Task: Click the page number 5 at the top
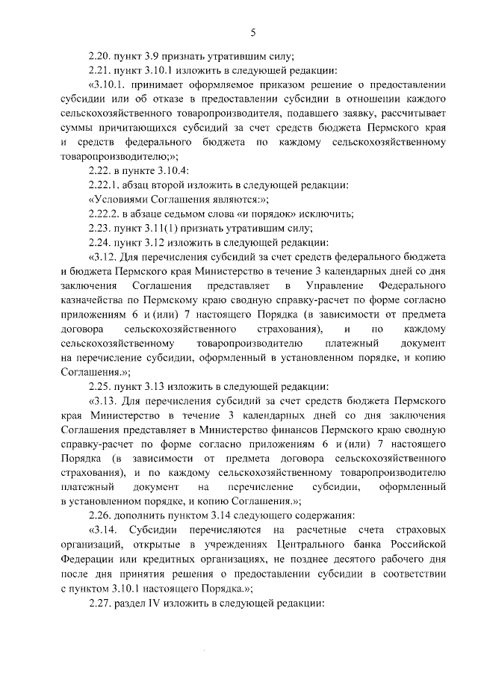coord(253,31)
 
